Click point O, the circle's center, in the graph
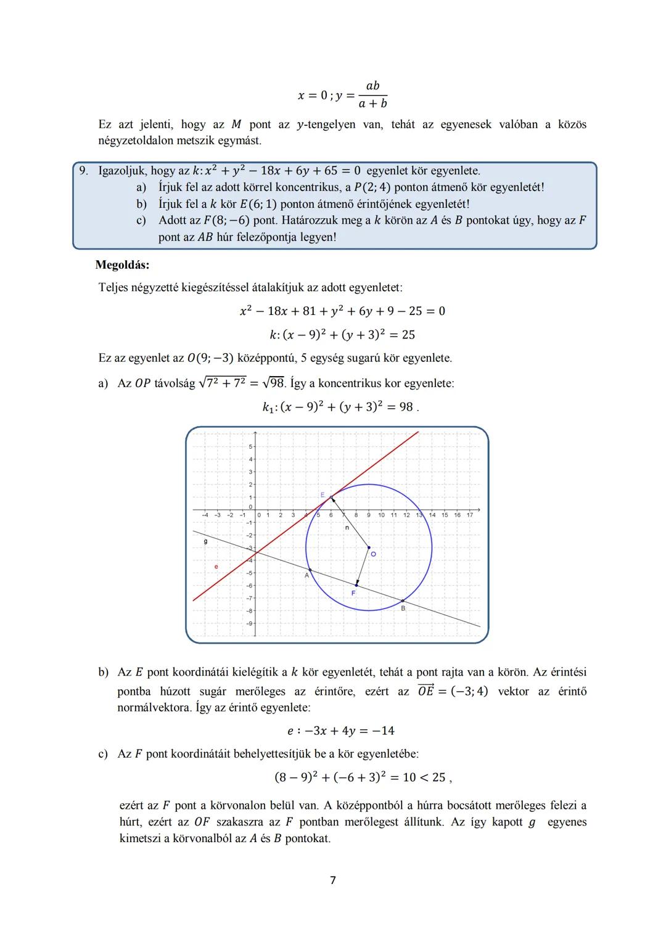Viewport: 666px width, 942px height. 369,547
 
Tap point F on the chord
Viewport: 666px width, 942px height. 356,585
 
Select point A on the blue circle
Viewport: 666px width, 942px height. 310,570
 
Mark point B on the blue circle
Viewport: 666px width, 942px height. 403,600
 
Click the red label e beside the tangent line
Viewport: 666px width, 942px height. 216,566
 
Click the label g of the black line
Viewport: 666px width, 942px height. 205,541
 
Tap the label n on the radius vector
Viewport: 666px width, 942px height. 347,528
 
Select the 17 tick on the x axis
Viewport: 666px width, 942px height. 470,515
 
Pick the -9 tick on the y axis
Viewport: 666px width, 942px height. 249,623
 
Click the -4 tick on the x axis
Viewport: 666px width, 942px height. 205,515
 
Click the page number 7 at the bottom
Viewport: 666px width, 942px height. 333,880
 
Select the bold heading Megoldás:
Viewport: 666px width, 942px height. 122,265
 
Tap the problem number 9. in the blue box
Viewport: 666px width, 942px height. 84,171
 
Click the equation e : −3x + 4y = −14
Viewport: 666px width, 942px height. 340,731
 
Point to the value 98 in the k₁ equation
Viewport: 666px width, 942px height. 405,407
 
